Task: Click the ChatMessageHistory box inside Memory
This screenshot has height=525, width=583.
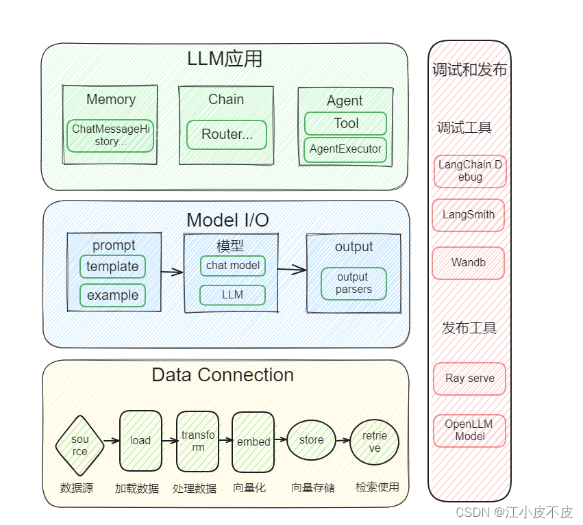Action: pos(110,136)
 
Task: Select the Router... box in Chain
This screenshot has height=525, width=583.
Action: pos(227,135)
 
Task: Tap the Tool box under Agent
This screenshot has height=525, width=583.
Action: pos(345,124)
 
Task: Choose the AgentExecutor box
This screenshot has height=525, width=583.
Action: pos(345,149)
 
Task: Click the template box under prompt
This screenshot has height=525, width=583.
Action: pos(112,267)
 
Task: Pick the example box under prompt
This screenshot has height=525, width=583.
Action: pos(112,296)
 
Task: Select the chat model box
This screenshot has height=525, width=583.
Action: pos(233,266)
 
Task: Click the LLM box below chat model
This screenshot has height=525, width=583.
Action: pos(233,295)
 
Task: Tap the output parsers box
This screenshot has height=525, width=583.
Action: pos(353,283)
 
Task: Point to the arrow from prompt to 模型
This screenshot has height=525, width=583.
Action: pos(173,272)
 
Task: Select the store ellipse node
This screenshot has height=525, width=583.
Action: pos(311,440)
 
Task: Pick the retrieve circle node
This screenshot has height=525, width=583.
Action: pos(374,441)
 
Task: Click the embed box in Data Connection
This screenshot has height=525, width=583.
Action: pos(253,442)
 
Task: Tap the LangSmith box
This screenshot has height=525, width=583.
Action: pos(469,215)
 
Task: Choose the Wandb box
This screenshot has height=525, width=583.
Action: pos(469,263)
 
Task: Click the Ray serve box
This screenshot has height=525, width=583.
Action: pos(470,379)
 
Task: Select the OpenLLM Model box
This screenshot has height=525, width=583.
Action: pos(470,431)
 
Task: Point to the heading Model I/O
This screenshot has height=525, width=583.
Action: pos(227,220)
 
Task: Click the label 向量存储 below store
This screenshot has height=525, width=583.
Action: pos(313,488)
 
